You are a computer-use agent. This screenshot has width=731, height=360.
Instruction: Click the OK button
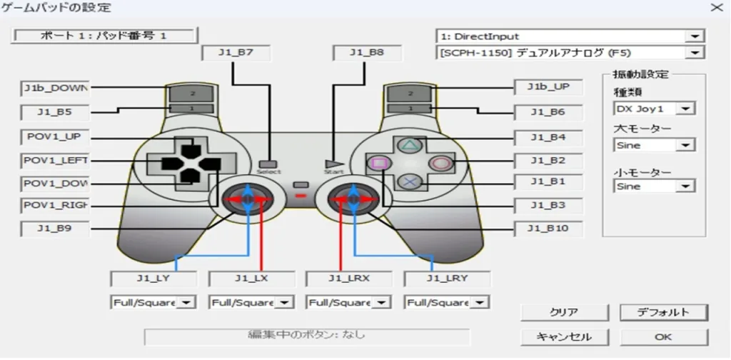point(663,336)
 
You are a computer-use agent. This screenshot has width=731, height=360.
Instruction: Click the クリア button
point(564,312)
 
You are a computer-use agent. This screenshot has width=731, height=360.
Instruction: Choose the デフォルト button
point(663,312)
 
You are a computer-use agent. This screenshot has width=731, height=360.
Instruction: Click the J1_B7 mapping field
point(236,53)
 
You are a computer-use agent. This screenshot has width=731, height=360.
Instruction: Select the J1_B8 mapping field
point(367,53)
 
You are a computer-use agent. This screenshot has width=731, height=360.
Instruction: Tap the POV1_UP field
point(54,138)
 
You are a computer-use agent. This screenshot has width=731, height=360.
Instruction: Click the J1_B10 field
point(548,229)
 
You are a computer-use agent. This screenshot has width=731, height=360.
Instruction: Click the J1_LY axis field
point(153,279)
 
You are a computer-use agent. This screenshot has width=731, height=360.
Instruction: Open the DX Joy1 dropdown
point(654,109)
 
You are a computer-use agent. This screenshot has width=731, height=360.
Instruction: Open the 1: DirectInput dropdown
point(570,36)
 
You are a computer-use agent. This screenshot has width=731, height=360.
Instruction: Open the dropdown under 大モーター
point(654,146)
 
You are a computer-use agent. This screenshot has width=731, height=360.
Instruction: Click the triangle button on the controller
point(409,145)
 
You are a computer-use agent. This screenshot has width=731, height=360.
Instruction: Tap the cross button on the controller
point(409,181)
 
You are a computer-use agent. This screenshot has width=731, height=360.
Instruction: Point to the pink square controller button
point(378,163)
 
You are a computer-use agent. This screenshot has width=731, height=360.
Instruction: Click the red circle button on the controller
point(439,163)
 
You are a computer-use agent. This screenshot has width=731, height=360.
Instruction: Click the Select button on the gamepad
point(268,164)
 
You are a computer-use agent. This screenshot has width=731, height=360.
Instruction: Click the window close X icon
point(715,7)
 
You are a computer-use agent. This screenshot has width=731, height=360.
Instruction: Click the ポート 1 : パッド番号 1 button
point(104,36)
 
